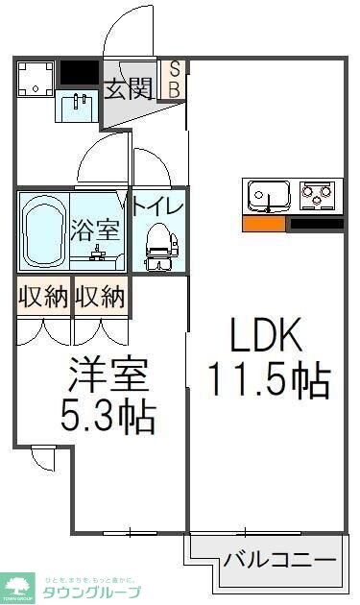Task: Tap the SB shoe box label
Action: click(x=176, y=80)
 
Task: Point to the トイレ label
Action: click(x=157, y=205)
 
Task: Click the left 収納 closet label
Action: click(x=42, y=298)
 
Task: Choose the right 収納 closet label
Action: click(x=100, y=298)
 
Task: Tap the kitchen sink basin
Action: click(x=265, y=196)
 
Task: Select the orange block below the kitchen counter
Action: click(x=264, y=224)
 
